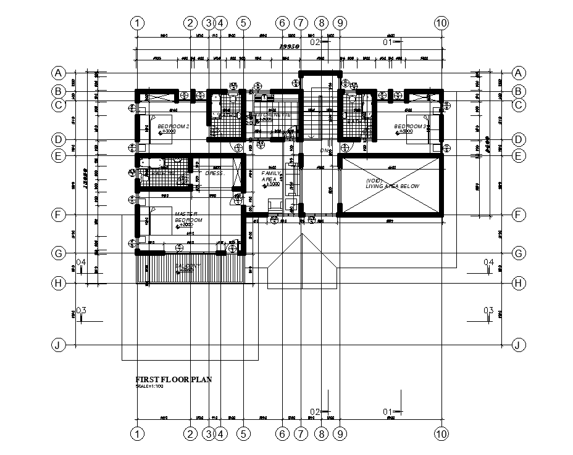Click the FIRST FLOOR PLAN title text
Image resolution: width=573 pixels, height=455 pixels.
[x=174, y=380]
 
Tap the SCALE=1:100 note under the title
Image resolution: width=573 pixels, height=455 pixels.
[x=148, y=386]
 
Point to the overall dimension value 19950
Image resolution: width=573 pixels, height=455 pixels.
[x=290, y=47]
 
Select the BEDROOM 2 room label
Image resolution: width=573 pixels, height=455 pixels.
[x=174, y=126]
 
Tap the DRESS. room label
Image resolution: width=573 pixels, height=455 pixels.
[x=215, y=174]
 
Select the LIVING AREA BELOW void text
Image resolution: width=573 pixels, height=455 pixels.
[x=392, y=184]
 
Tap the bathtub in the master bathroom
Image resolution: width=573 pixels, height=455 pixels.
[x=151, y=163]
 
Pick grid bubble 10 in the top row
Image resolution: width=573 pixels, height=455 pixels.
[x=441, y=23]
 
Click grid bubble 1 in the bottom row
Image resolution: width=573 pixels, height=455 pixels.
[x=138, y=434]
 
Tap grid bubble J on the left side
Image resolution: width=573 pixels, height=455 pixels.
[x=58, y=345]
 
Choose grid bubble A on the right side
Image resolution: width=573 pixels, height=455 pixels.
[x=519, y=73]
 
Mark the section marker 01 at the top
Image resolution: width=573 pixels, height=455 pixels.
[x=389, y=43]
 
